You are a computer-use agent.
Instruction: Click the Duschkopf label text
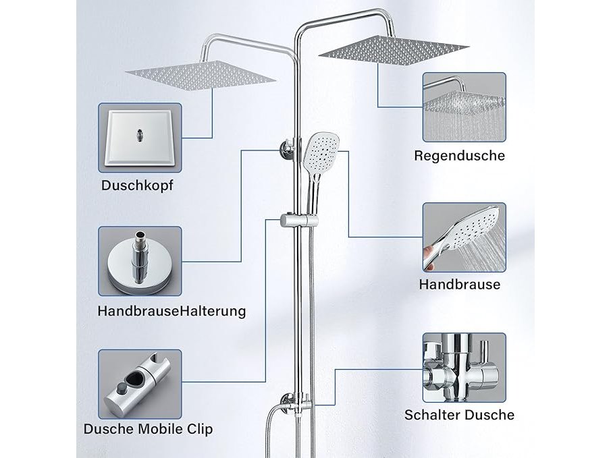[137, 185]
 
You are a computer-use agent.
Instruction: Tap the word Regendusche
[459, 156]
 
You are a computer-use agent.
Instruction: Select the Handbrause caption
[460, 284]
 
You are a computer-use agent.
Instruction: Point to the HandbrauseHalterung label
[172, 311]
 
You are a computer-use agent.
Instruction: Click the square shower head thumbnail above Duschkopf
[140, 138]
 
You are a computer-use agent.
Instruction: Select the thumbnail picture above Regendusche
[464, 107]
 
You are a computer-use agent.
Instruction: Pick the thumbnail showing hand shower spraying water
[464, 237]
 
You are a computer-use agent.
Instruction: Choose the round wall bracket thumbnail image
[140, 261]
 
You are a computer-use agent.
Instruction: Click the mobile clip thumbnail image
[140, 384]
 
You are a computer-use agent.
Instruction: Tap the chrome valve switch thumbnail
[464, 368]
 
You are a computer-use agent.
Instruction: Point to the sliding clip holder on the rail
[299, 221]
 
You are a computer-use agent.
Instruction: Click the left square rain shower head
[201, 76]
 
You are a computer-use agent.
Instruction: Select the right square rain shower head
[394, 49]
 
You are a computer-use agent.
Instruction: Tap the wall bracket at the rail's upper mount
[287, 150]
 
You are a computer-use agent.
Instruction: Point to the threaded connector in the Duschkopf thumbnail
[139, 135]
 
